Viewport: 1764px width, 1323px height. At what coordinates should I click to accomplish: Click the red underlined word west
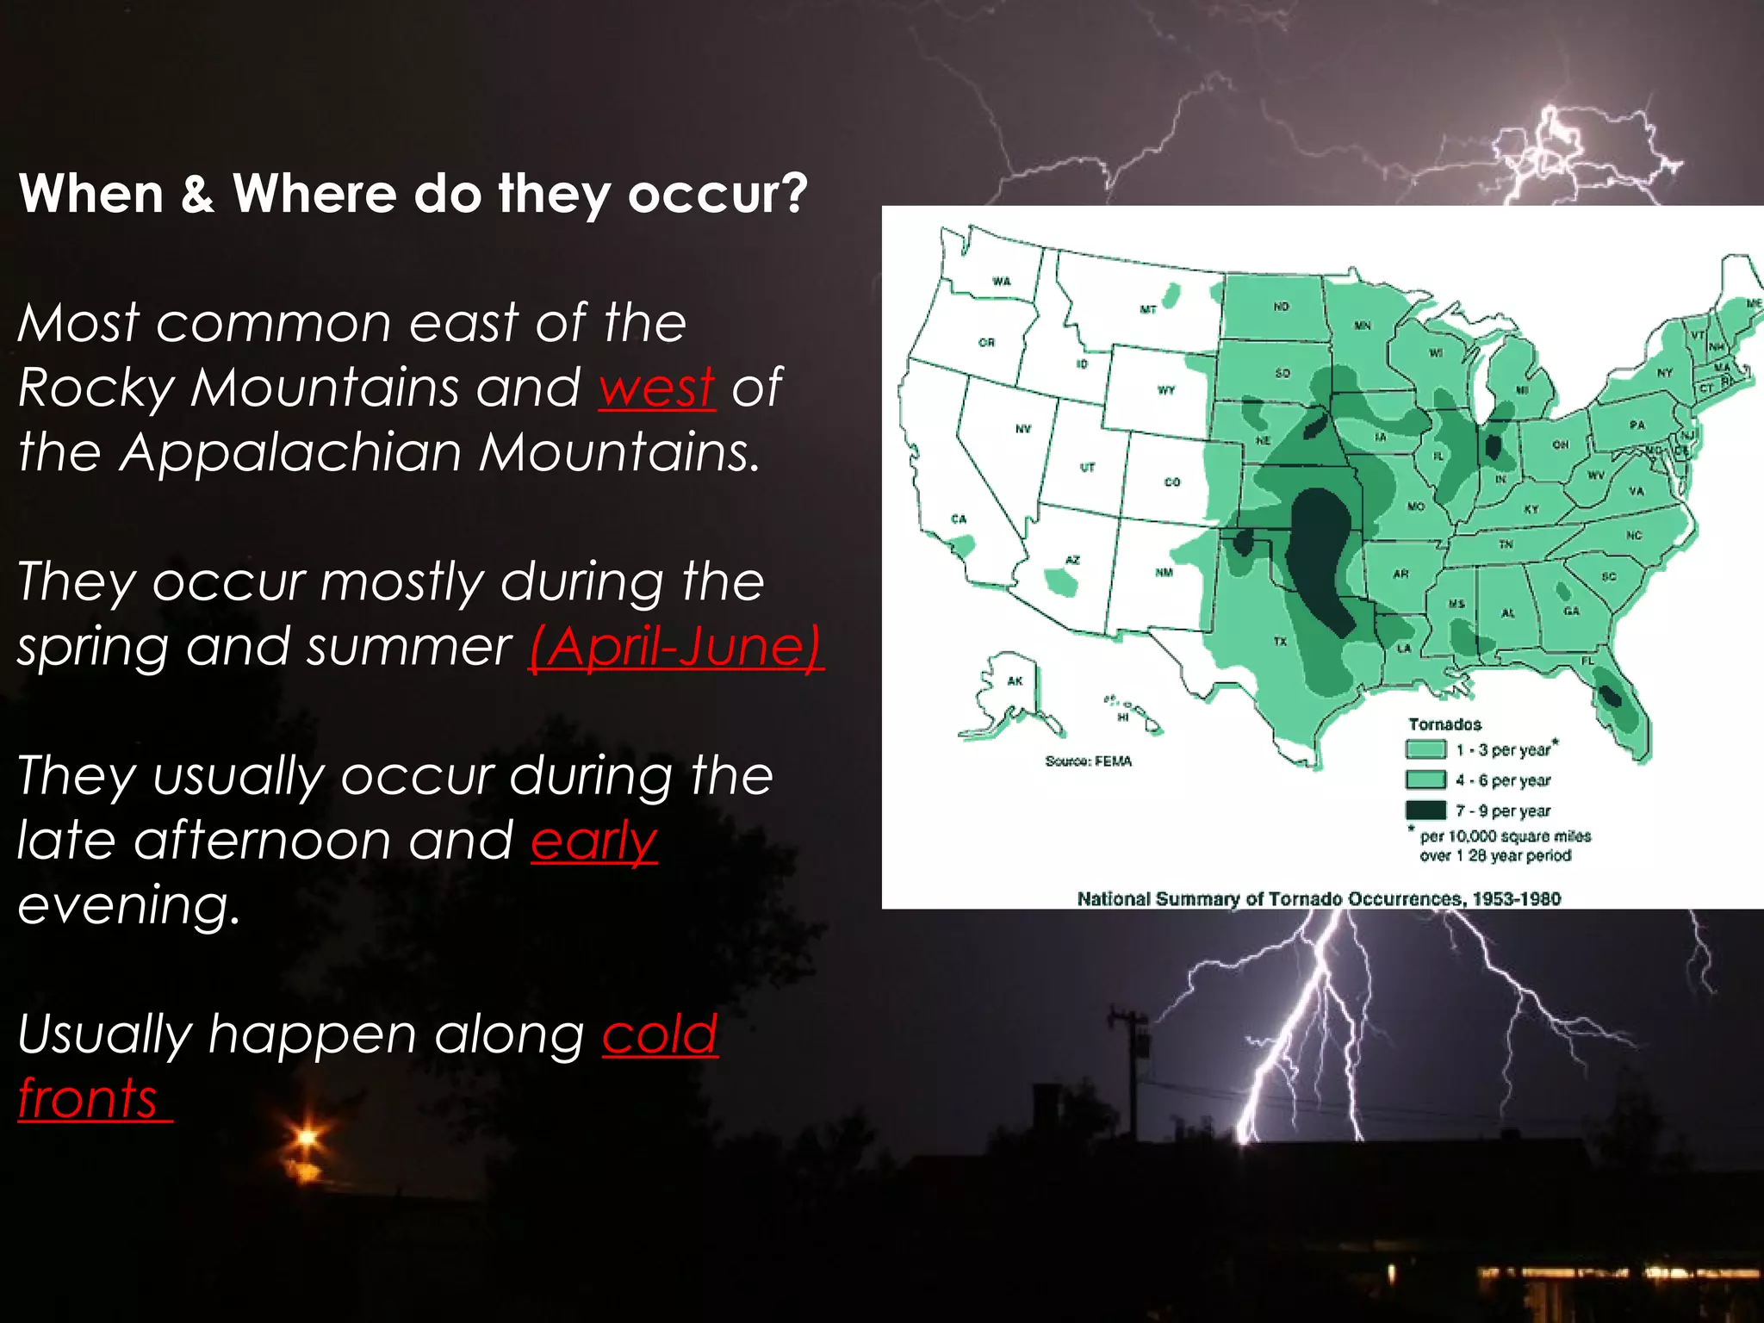click(x=656, y=388)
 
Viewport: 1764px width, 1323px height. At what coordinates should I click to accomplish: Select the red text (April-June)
click(x=676, y=647)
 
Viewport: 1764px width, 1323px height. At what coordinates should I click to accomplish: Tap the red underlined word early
click(x=593, y=841)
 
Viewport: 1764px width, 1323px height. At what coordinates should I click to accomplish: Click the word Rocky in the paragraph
click(x=96, y=388)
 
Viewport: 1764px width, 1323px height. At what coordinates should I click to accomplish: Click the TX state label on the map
click(x=1280, y=642)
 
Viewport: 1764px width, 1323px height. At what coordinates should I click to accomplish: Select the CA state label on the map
click(x=959, y=519)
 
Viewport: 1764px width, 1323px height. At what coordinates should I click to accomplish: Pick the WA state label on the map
click(x=1002, y=282)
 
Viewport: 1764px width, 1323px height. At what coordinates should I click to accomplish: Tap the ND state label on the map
click(x=1282, y=307)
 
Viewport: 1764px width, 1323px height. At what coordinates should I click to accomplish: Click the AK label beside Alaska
click(x=1015, y=681)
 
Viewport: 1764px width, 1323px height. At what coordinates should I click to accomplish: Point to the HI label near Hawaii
click(x=1123, y=717)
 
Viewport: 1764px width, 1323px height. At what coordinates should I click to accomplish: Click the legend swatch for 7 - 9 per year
click(x=1425, y=810)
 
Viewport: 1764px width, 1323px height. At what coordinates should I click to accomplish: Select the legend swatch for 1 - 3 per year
click(x=1425, y=749)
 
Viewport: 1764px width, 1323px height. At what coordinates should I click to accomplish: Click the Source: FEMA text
click(x=1088, y=761)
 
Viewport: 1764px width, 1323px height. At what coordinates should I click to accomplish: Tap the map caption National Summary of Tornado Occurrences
click(x=1318, y=898)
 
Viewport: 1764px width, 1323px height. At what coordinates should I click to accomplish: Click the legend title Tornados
click(x=1444, y=724)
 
